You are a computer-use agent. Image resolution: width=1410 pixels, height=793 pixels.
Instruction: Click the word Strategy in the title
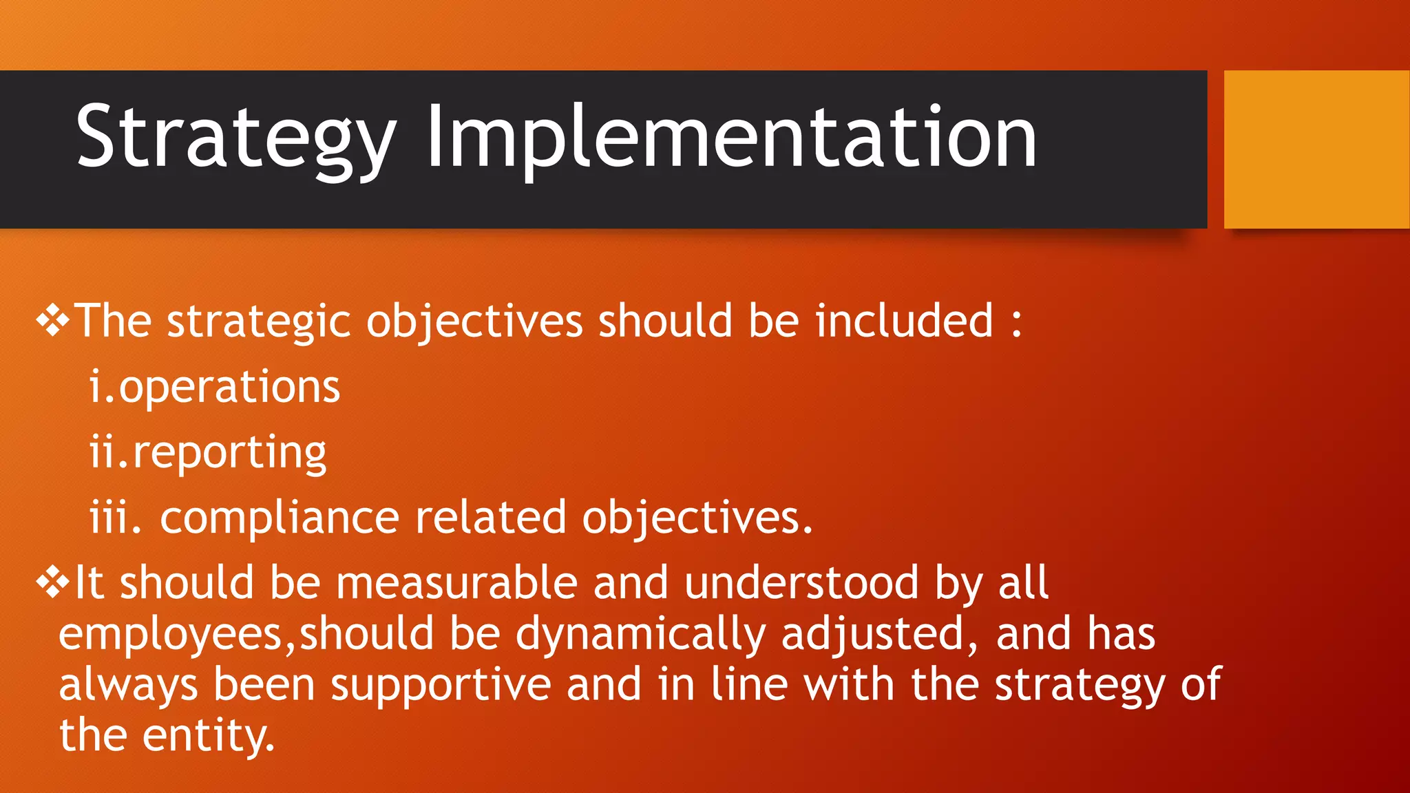coord(235,138)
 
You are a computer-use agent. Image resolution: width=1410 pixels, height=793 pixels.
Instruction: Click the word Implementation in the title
coord(731,138)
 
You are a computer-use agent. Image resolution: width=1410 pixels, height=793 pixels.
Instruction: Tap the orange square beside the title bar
coord(1316,149)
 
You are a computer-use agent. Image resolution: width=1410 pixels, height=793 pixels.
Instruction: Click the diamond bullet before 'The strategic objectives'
coord(53,321)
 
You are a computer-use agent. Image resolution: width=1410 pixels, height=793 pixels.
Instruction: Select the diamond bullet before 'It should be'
coord(53,582)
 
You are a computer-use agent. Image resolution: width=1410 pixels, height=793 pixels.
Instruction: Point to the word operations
coord(229,388)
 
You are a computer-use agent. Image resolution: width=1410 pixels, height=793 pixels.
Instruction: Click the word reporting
coord(229,454)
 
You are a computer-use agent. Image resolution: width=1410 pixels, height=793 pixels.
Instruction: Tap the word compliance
coord(280,518)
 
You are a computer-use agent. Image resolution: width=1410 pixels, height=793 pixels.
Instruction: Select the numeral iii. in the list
coord(114,518)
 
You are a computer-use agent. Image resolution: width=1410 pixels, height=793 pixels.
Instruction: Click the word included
coord(904,321)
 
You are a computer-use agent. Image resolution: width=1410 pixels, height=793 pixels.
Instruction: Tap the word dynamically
coord(640,635)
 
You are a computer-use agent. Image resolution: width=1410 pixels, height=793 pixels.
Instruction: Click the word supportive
coord(441,686)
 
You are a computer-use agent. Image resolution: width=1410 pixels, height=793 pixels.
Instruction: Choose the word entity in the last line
coord(208,736)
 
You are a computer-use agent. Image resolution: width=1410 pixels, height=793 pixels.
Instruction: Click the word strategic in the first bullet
coord(259,322)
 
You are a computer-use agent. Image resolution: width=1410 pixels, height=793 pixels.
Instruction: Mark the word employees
coord(170,635)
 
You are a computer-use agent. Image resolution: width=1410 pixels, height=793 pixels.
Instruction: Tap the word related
coord(490,518)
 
